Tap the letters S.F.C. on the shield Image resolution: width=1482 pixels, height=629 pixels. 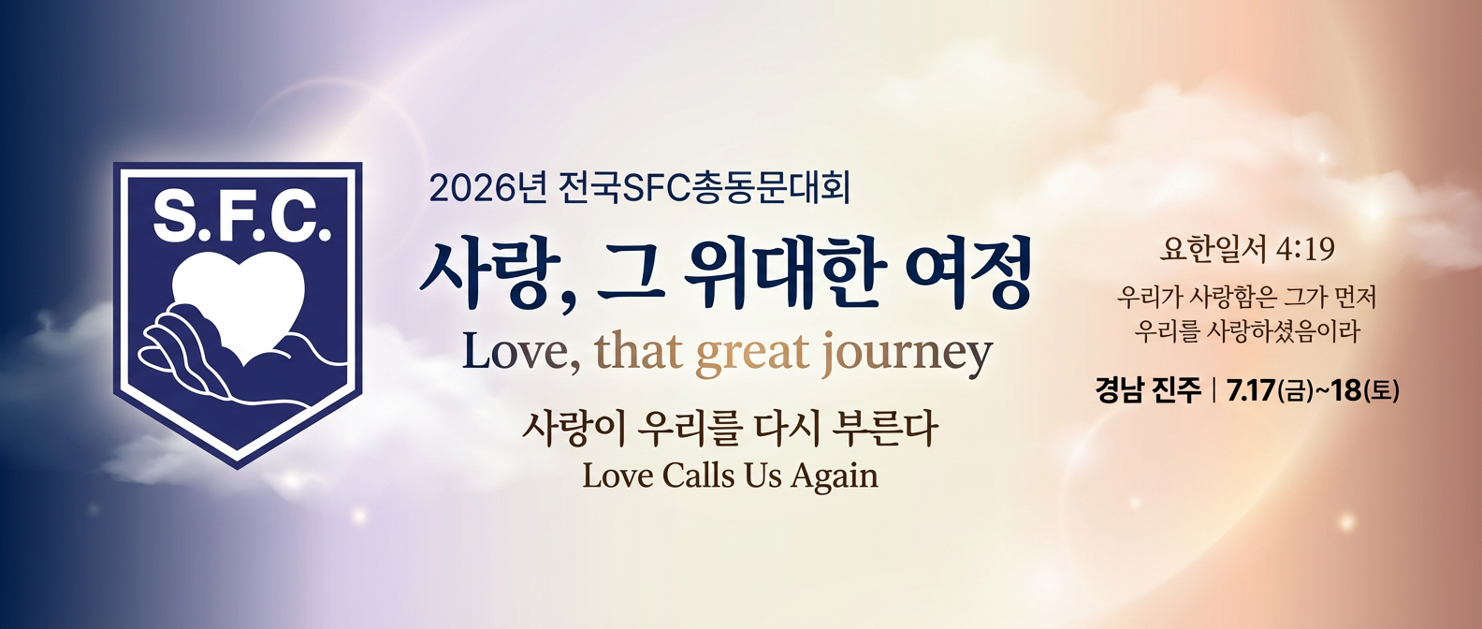242,217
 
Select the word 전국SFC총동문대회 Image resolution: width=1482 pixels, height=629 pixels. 704,188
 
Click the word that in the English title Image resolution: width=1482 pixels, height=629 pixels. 638,351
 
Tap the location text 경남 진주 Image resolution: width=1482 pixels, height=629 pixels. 1148,390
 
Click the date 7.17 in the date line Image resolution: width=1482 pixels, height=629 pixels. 1250,390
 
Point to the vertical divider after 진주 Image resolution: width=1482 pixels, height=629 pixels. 1213,390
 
